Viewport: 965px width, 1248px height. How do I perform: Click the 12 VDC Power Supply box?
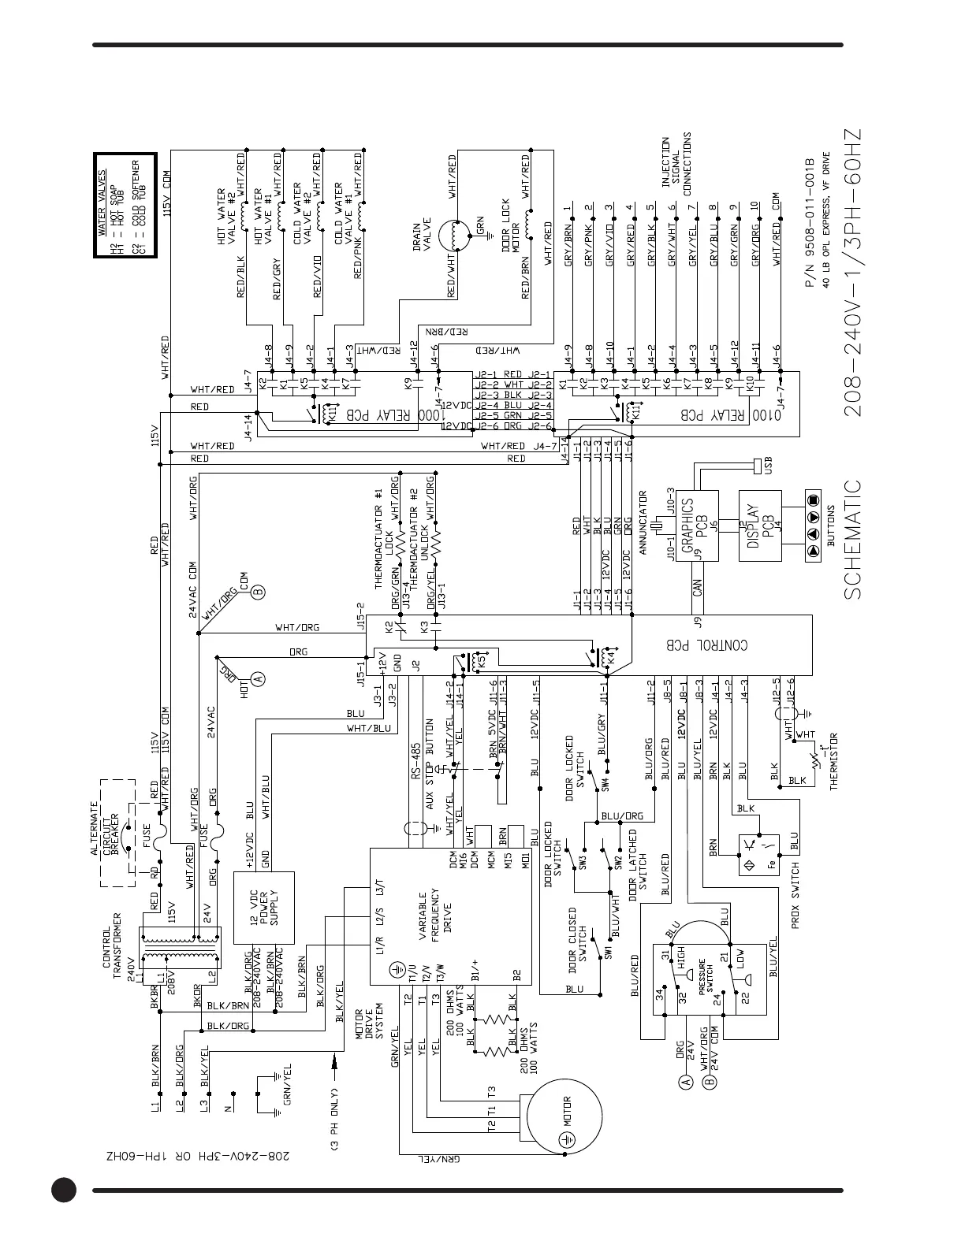(x=264, y=908)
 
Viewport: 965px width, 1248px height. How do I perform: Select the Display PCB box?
(x=759, y=526)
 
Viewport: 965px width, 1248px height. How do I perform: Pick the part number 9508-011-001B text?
(x=810, y=224)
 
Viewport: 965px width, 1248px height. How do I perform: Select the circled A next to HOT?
(x=257, y=678)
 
